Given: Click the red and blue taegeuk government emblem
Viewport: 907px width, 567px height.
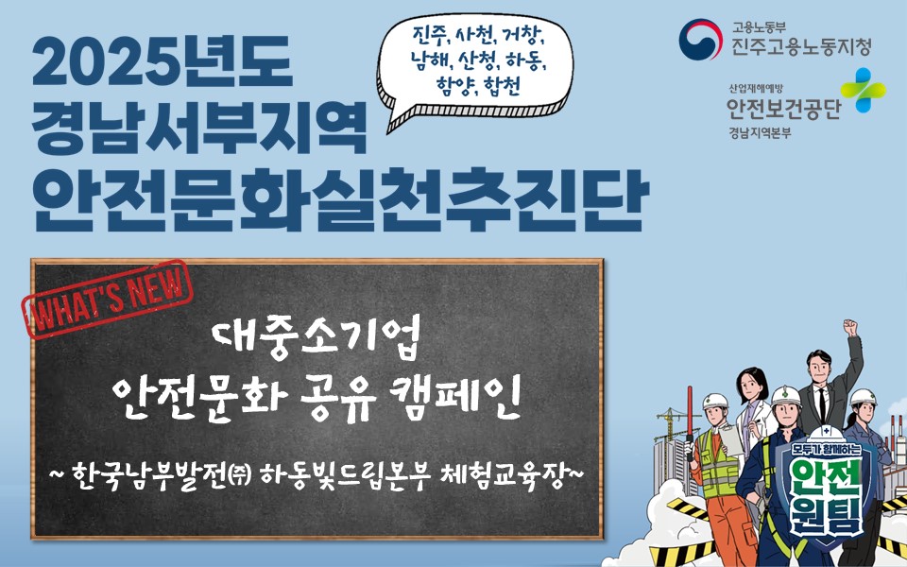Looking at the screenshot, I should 701,39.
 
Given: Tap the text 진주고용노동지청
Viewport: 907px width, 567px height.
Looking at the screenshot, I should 800,46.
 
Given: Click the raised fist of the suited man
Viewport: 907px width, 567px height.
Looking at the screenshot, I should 851,329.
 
